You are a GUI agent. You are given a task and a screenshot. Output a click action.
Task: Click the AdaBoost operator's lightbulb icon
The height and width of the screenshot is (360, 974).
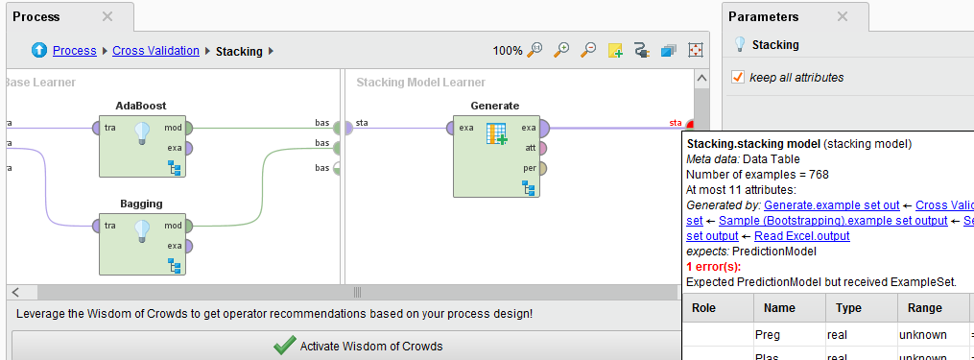(142, 132)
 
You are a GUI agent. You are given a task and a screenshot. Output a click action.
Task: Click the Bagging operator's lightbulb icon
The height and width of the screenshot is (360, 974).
(142, 230)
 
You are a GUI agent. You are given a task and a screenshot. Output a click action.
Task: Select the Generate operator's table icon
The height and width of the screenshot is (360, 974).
(496, 133)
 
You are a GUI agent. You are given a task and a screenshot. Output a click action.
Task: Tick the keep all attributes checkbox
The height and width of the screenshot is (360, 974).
(738, 77)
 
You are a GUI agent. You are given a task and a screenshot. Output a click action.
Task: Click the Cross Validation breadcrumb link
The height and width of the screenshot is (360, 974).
(155, 51)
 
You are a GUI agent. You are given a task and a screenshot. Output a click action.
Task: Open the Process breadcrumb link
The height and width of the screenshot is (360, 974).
(74, 51)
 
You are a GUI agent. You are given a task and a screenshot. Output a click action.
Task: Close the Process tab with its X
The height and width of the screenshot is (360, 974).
(107, 16)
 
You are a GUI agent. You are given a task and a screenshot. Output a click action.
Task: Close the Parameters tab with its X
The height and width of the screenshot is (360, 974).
(843, 16)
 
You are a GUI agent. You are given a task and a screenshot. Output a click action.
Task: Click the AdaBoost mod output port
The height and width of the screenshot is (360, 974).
(188, 127)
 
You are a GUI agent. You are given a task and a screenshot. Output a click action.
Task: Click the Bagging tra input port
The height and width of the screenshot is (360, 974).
(97, 226)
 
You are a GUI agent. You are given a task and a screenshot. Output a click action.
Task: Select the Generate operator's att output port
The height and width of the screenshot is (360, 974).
(543, 148)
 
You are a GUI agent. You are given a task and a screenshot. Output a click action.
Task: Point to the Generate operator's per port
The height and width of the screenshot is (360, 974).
(543, 168)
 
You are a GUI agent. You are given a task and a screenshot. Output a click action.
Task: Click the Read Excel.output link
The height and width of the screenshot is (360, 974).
(802, 235)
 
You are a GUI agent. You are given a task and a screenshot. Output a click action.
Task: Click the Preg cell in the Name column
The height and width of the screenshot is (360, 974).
(768, 335)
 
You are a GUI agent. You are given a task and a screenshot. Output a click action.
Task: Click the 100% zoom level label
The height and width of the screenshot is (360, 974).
(508, 51)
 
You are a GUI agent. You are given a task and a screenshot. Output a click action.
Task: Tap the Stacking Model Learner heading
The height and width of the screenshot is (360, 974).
(420, 83)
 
